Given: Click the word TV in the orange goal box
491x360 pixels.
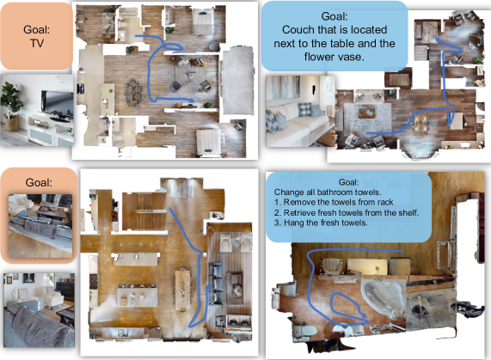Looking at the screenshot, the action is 37,43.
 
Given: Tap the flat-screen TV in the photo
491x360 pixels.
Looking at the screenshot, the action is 57,103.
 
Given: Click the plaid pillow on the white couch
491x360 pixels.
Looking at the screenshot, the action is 304,109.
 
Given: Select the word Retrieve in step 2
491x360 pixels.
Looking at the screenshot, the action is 299,213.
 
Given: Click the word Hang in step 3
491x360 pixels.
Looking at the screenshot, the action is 291,223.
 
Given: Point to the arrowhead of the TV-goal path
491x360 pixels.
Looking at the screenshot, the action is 190,100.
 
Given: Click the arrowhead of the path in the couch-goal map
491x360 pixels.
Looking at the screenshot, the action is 438,40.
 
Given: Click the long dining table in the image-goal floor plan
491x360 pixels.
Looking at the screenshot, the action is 183,290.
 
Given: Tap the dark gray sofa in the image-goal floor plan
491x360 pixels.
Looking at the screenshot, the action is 216,283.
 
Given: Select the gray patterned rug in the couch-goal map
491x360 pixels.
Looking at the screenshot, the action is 368,119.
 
